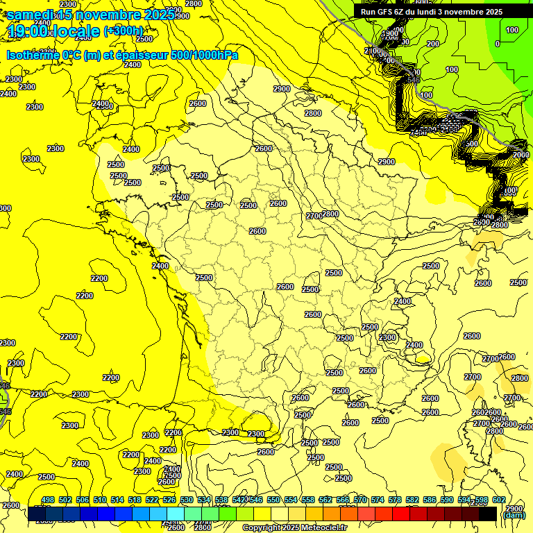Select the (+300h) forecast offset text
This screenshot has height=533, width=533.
pos(124,31)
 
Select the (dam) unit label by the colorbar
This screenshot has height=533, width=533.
pos(514,515)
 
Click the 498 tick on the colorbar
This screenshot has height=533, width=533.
pos(48,500)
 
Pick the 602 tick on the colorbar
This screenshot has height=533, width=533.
pos(499,500)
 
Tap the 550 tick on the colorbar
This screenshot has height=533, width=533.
pos(273,500)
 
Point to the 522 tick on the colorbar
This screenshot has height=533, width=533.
pos(152,500)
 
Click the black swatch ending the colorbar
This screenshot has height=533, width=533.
pos(488,514)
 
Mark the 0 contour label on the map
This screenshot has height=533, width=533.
pos(497,44)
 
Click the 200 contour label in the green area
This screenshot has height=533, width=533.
pos(433,44)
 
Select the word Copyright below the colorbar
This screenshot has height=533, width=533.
pos(262,528)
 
